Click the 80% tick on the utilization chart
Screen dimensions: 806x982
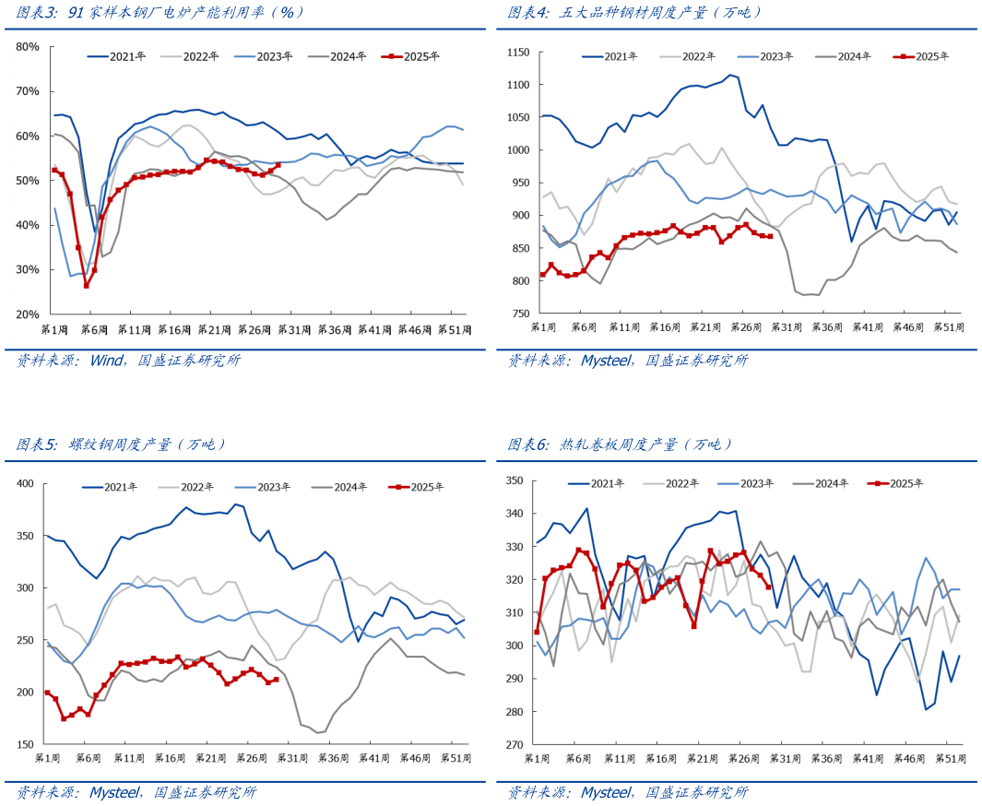pyautogui.click(x=27, y=46)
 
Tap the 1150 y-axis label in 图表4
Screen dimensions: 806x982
pyautogui.click(x=517, y=53)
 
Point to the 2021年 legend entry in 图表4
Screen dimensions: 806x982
pyautogui.click(x=607, y=57)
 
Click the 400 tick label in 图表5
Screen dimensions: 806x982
pyautogui.click(x=25, y=483)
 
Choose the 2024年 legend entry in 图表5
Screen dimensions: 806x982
pyautogui.click(x=341, y=487)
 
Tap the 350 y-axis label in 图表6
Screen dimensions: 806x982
pyautogui.click(x=515, y=480)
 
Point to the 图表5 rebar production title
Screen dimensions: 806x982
pyautogui.click(x=121, y=444)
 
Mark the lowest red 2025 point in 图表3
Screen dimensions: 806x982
pyautogui.click(x=87, y=285)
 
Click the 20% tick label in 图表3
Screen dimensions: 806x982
pyautogui.click(x=27, y=314)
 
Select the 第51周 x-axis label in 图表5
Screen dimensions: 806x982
pyautogui.click(x=456, y=757)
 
